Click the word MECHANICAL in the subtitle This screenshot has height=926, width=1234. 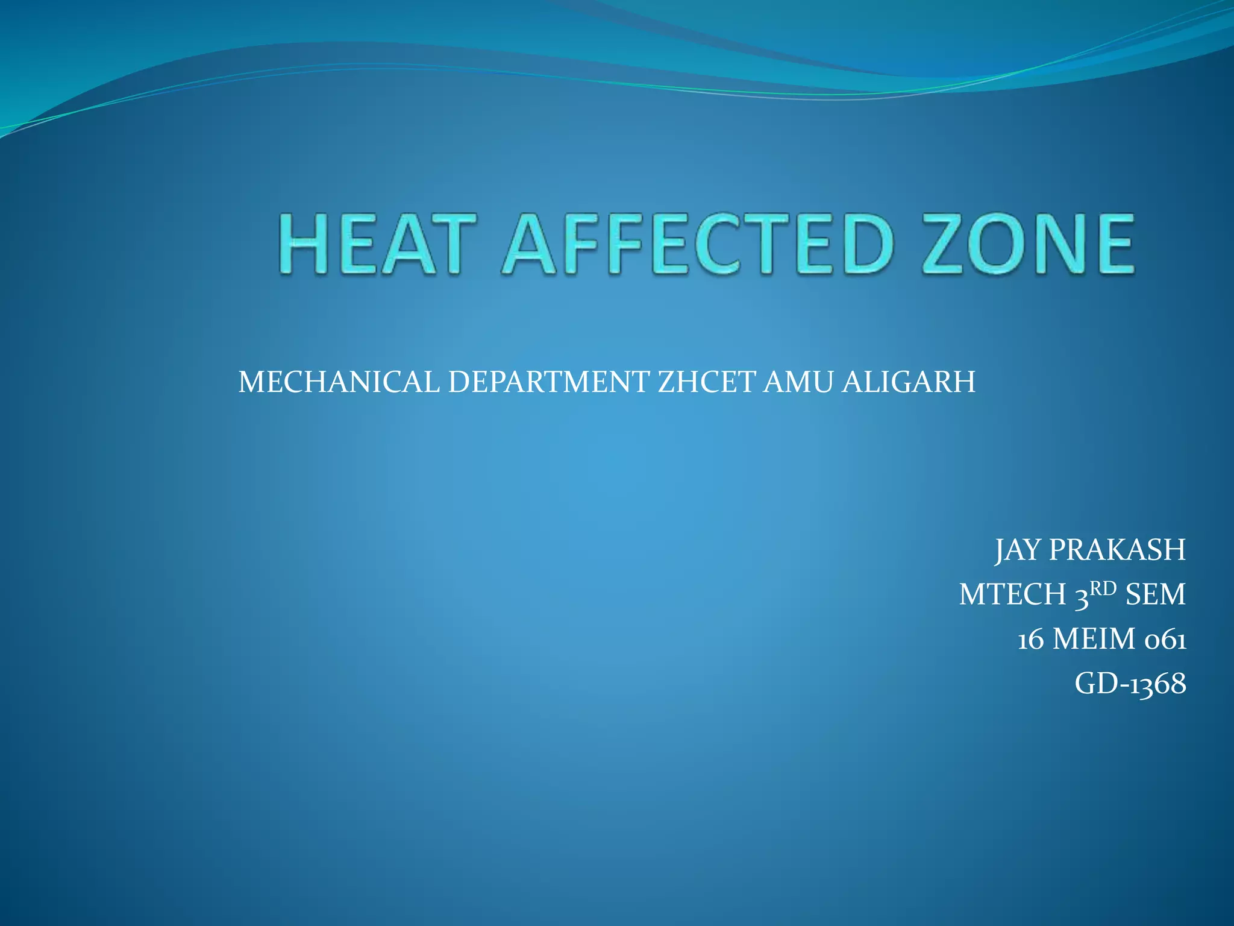click(x=339, y=382)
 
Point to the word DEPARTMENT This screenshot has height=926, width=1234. click(x=548, y=382)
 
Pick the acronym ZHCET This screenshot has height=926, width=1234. click(x=706, y=382)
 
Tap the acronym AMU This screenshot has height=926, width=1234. click(x=798, y=382)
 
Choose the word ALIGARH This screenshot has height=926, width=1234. click(x=908, y=382)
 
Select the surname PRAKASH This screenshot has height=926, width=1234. click(x=1117, y=550)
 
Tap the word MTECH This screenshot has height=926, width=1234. click(x=1012, y=595)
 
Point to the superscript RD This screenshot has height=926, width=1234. click(x=1103, y=588)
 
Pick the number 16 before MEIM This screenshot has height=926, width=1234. click(x=1031, y=640)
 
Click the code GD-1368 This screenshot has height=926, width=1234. click(x=1130, y=684)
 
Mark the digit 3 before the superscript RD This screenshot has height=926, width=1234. click(x=1082, y=596)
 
